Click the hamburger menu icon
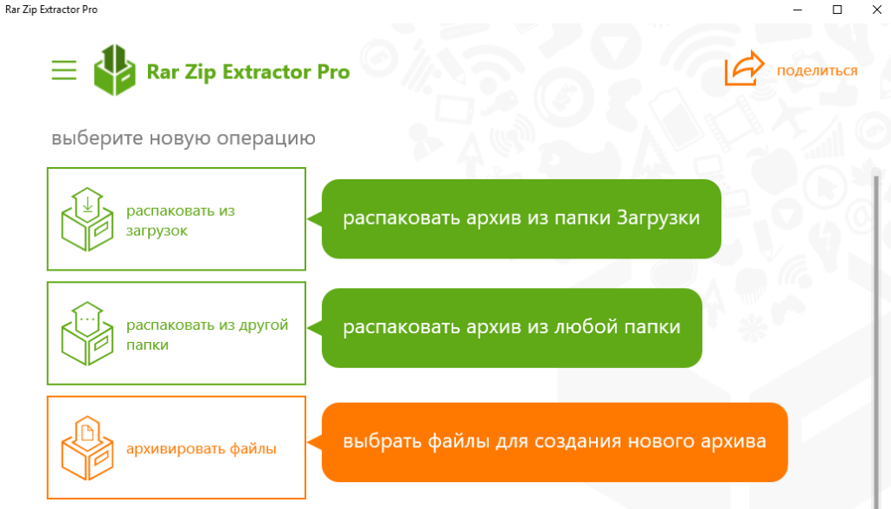[64, 70]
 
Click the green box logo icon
[115, 70]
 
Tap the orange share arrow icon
[745, 68]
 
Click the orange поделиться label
[817, 71]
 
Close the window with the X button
[877, 10]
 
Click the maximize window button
[837, 10]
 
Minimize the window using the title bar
[798, 10]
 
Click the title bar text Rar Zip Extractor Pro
[51, 10]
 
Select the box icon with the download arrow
[87, 219]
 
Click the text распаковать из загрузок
[180, 220]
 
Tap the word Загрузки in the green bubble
[658, 218]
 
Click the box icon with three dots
[87, 333]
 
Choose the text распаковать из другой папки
[207, 335]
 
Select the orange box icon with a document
[87, 447]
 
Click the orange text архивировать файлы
[201, 449]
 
